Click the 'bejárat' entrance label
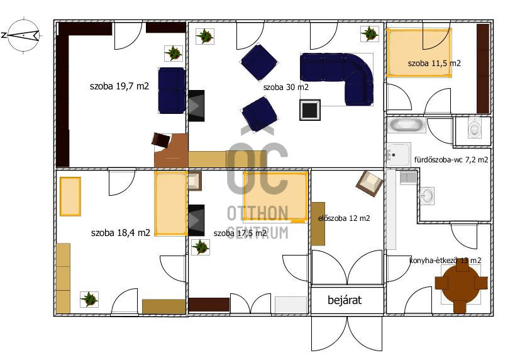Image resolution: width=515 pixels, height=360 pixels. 345,300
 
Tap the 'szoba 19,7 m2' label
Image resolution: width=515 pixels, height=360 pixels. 119,86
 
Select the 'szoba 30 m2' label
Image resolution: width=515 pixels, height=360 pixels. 285,87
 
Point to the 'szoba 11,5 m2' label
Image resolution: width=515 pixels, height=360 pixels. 435,63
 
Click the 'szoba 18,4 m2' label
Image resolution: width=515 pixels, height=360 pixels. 121,233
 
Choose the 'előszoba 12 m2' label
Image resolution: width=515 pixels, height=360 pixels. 344,218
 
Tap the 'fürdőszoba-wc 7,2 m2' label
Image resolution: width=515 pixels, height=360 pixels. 451,160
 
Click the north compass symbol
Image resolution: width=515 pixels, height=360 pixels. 24,35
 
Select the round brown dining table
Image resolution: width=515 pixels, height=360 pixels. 462,284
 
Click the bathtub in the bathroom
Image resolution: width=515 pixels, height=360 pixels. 406,125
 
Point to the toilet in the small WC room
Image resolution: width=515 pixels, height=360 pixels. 474,127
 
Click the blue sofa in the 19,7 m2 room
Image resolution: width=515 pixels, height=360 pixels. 172,91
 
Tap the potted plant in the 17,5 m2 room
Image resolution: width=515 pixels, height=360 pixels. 201,247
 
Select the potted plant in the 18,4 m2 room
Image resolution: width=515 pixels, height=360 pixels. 89,299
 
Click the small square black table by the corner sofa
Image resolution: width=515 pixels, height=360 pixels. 310,110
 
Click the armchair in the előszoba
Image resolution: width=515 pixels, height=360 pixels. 370,183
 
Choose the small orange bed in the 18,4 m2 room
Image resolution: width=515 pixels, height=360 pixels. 70,196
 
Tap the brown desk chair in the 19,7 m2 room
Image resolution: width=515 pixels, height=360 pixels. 161,140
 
